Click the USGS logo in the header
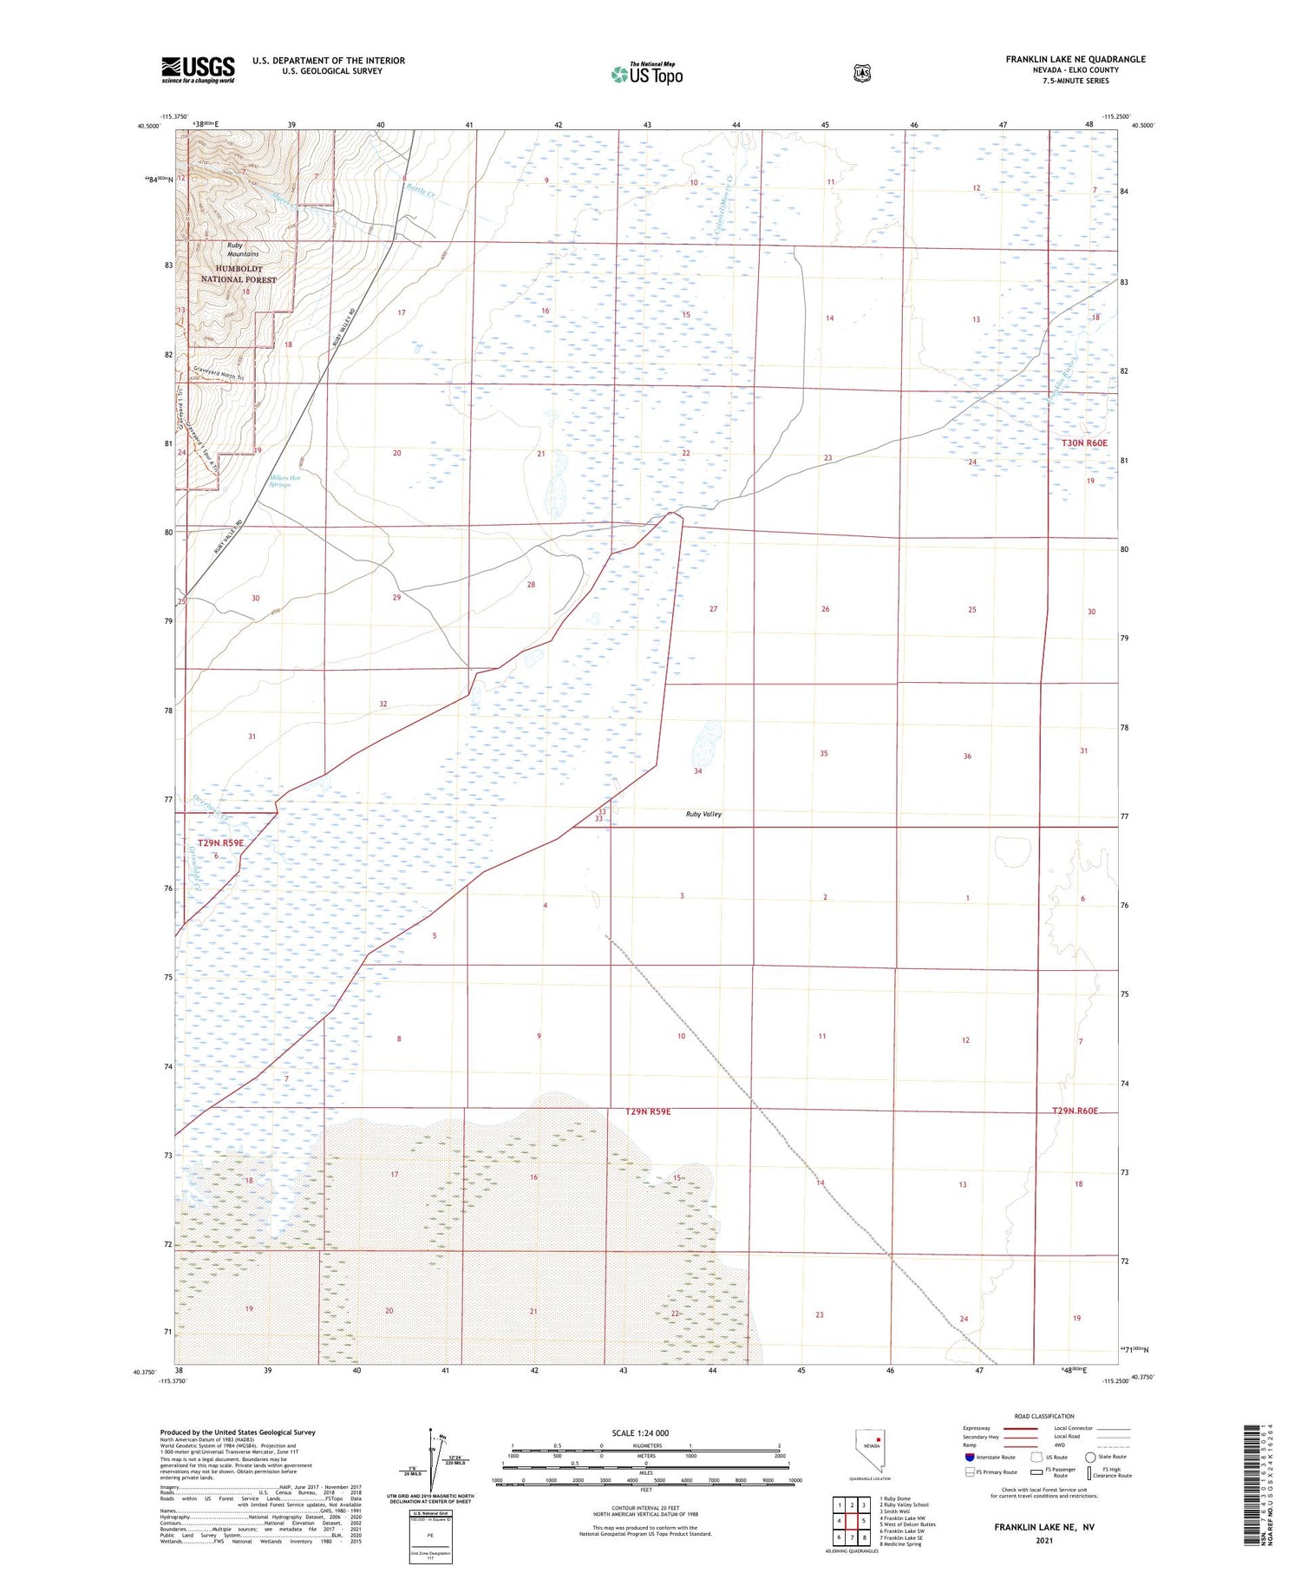(198, 69)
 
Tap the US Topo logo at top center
(647, 74)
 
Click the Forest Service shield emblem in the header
(861, 73)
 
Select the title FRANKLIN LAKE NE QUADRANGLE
(1075, 59)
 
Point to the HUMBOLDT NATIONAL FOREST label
(239, 274)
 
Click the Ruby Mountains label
(242, 250)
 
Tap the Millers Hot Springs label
(279, 482)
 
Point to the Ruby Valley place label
(703, 814)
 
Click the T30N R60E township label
(1084, 443)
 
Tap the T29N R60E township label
(1075, 1111)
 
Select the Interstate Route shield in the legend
(969, 1457)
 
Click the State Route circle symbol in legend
(1090, 1457)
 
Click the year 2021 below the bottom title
(1043, 1540)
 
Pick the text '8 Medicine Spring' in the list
(900, 1544)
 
